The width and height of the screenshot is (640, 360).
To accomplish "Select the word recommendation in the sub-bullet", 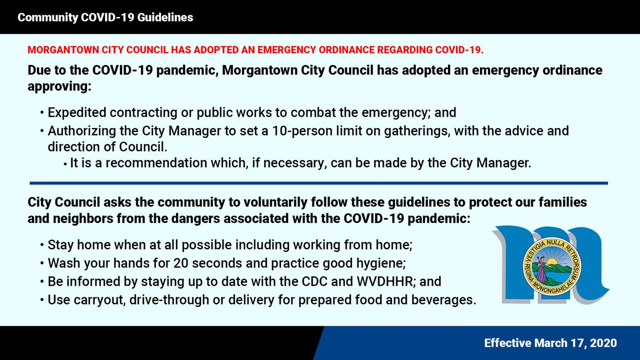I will coord(134,164).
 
